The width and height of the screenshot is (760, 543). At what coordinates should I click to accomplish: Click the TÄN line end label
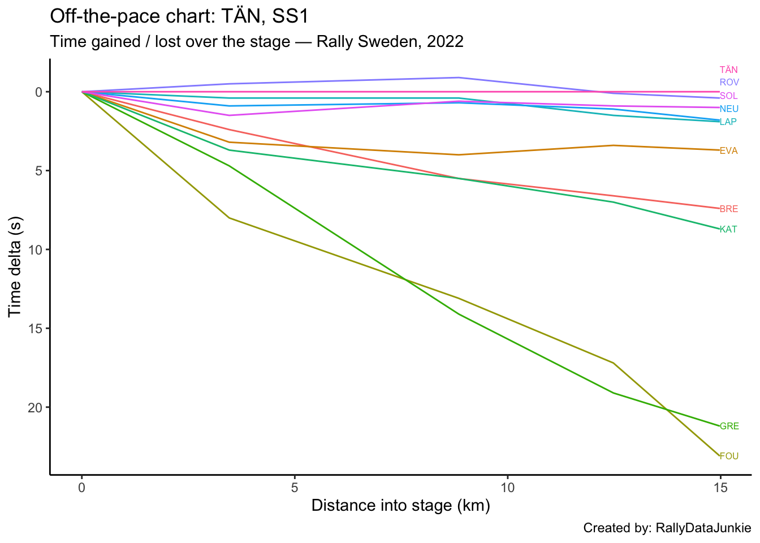[728, 70]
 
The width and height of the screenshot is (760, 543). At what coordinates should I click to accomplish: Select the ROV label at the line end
[729, 83]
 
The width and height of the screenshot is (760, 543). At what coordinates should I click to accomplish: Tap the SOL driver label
[728, 96]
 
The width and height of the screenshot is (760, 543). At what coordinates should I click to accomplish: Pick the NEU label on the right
[729, 109]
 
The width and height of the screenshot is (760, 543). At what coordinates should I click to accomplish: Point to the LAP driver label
[728, 122]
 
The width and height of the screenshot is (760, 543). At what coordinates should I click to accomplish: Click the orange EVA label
[728, 151]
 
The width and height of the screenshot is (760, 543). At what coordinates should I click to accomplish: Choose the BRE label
[728, 209]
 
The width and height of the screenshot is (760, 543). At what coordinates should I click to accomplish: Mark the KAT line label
[728, 230]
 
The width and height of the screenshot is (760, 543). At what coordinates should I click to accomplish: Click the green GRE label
[729, 426]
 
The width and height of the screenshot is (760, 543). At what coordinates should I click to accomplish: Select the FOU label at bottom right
[729, 456]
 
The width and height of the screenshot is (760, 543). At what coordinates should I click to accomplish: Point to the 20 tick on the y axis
[35, 408]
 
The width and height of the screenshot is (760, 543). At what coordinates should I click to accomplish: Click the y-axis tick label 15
[35, 329]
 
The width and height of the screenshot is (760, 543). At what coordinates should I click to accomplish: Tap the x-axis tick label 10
[507, 486]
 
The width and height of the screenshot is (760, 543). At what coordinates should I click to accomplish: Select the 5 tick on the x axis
[295, 486]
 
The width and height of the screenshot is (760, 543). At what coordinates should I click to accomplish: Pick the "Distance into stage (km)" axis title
[400, 505]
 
